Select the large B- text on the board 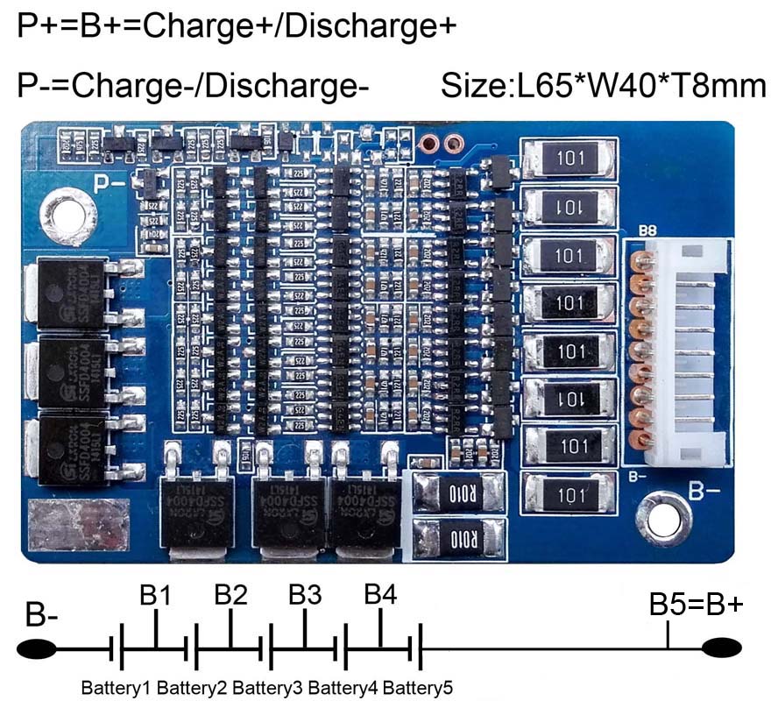coord(705,490)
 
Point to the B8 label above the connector coord(648,232)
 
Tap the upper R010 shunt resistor coord(459,492)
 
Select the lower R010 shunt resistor coord(459,538)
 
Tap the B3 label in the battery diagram coord(305,595)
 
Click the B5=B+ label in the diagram coord(697,605)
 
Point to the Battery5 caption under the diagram coord(419,686)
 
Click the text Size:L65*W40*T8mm coord(604,86)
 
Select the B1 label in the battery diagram coord(155,595)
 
